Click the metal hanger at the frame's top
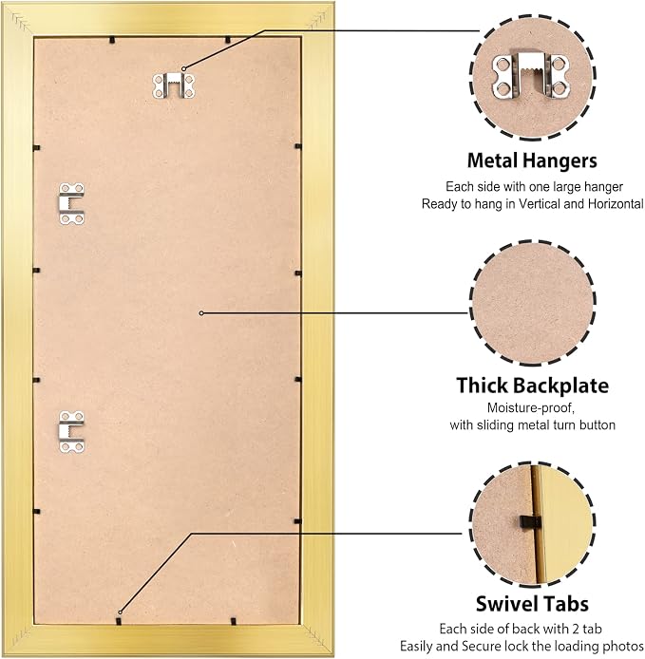click(x=174, y=85)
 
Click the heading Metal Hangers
click(x=532, y=160)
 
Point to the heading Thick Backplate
click(x=532, y=385)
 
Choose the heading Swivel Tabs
click(x=532, y=604)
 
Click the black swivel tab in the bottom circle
click(x=530, y=522)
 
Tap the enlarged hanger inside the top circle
click(x=531, y=76)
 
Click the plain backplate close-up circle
click(x=532, y=303)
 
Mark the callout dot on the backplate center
click(x=201, y=313)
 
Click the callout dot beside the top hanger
click(x=183, y=68)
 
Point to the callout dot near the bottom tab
click(x=120, y=612)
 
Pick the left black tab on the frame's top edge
click(x=112, y=40)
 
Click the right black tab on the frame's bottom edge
click(x=234, y=621)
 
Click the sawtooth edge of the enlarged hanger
click(x=531, y=71)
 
